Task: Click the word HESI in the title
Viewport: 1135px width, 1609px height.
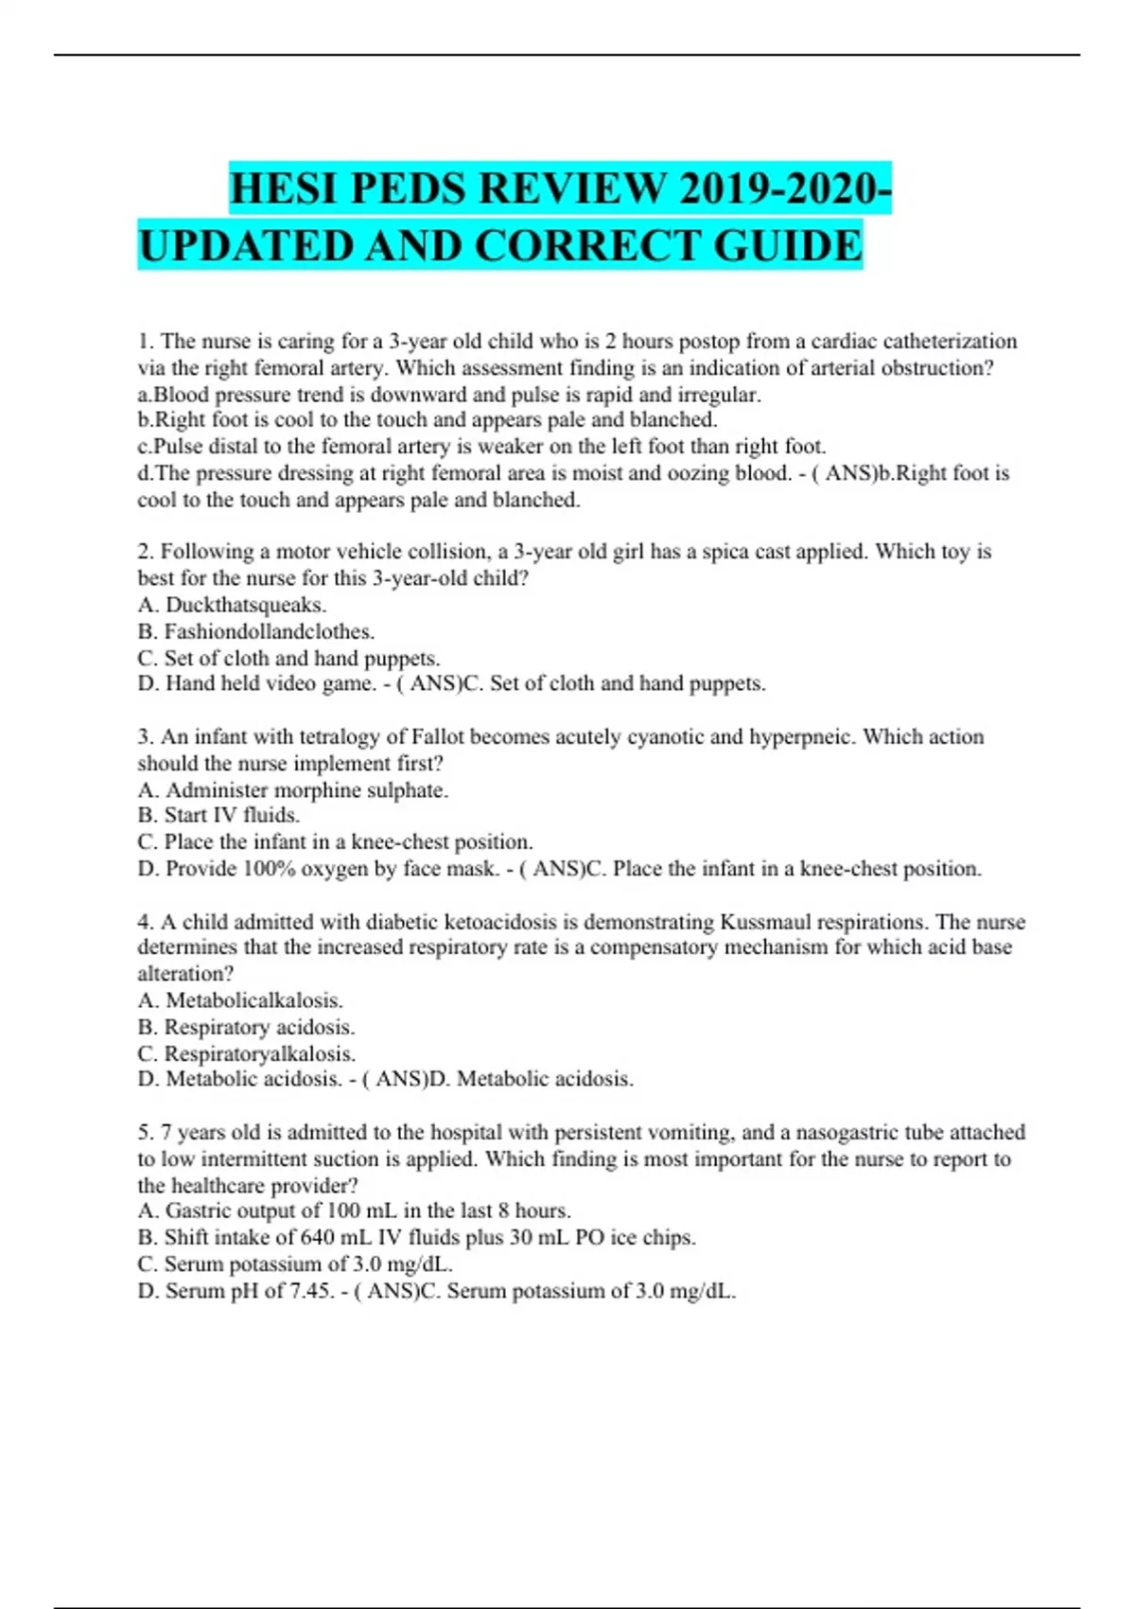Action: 285,188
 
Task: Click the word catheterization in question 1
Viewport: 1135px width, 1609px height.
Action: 950,342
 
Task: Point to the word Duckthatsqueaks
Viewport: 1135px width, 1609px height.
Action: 246,605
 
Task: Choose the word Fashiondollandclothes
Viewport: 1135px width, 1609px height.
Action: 270,631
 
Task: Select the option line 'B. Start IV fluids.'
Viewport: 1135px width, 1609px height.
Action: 218,816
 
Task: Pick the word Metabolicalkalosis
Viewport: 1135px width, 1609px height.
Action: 253,1000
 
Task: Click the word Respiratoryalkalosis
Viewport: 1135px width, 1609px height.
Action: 259,1053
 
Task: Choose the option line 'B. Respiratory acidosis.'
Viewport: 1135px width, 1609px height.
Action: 246,1027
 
